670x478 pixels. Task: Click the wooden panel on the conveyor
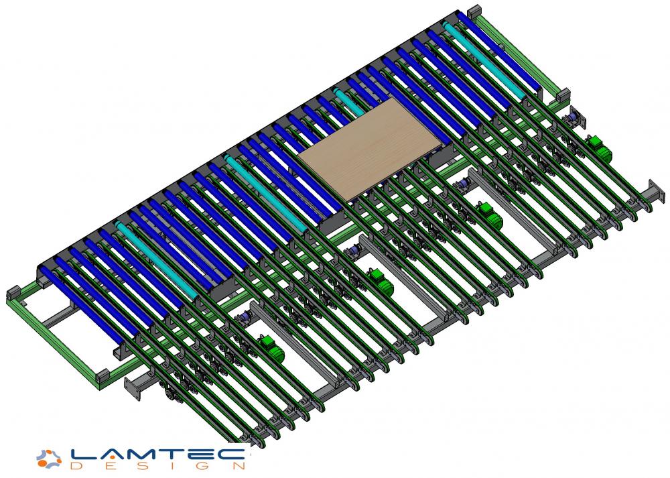(x=370, y=149)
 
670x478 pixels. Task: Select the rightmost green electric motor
(x=599, y=148)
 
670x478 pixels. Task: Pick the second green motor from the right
(x=489, y=215)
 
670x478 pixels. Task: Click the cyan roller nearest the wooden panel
(x=349, y=102)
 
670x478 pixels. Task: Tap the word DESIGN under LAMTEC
(x=157, y=466)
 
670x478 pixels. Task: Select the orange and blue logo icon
(x=49, y=459)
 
